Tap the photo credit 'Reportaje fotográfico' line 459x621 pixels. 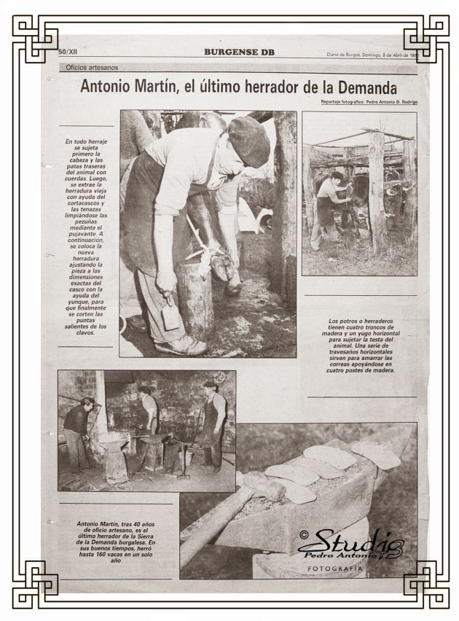(x=369, y=102)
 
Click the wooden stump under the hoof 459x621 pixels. (x=194, y=299)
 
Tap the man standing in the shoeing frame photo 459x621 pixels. (x=327, y=208)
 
